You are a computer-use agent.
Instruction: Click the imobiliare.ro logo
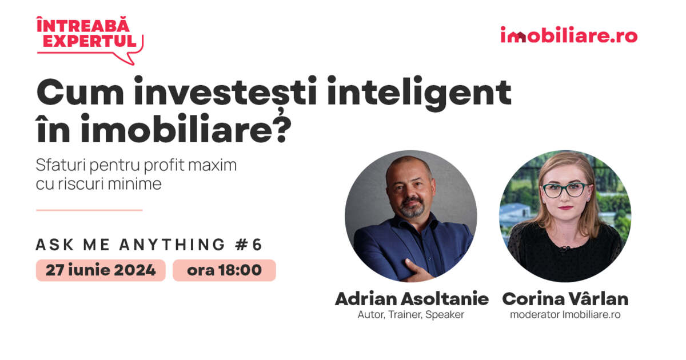point(569,35)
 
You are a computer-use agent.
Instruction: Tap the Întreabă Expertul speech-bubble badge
point(89,39)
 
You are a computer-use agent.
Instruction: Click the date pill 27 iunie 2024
point(101,270)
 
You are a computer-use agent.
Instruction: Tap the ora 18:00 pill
point(224,270)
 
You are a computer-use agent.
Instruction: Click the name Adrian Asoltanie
point(412,299)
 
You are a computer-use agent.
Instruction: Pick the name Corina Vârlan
point(565,299)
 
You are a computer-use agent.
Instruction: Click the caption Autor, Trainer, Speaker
point(411,315)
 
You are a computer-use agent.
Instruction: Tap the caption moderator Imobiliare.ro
point(565,315)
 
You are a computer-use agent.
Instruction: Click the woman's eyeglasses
point(564,190)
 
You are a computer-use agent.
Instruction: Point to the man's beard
point(411,209)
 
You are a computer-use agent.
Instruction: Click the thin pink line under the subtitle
point(89,210)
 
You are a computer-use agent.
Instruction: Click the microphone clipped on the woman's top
point(564,250)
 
